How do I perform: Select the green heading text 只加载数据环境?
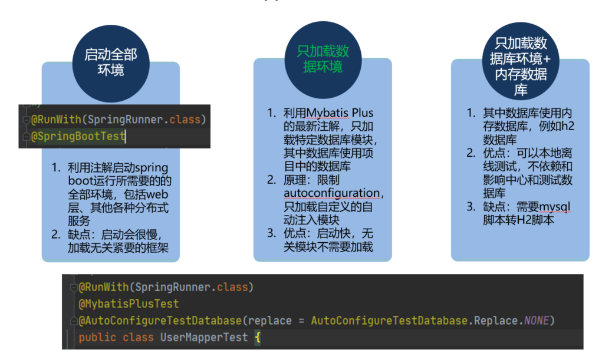point(323,59)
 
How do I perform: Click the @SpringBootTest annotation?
point(78,136)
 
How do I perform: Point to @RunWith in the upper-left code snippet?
point(57,120)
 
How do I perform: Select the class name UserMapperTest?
point(204,338)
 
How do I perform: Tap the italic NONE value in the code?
point(536,321)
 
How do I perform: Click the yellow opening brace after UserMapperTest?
point(257,338)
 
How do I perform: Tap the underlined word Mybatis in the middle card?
point(327,113)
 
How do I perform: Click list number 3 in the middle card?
point(271,233)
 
